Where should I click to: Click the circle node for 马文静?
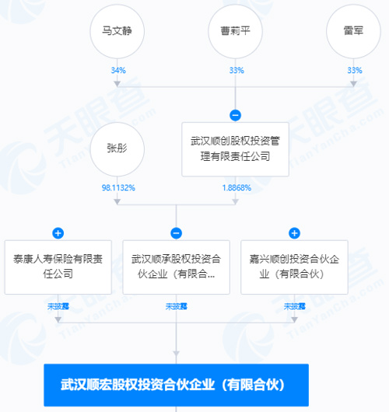click(x=117, y=31)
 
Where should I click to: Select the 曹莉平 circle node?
click(x=235, y=31)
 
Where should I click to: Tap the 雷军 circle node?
click(x=353, y=31)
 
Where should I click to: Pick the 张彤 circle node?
click(x=117, y=149)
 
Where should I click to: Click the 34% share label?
click(x=118, y=71)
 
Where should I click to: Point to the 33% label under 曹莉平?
click(x=237, y=71)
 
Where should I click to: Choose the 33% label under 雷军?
click(x=355, y=71)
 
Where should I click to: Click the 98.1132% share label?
click(x=118, y=188)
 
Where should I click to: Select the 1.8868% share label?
click(x=237, y=188)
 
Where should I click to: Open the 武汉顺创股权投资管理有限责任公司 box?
click(x=235, y=149)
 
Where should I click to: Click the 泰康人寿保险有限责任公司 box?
click(x=58, y=267)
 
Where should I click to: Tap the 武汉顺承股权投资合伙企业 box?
click(x=177, y=267)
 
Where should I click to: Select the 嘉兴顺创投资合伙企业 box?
click(x=294, y=267)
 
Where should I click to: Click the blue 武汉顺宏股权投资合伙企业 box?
click(x=177, y=385)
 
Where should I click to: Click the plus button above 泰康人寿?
click(x=58, y=233)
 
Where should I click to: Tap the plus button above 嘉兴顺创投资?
click(x=294, y=233)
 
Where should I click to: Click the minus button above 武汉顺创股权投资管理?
click(x=235, y=115)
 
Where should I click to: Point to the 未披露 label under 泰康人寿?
click(x=58, y=306)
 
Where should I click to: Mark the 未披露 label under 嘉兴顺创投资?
click(x=295, y=306)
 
